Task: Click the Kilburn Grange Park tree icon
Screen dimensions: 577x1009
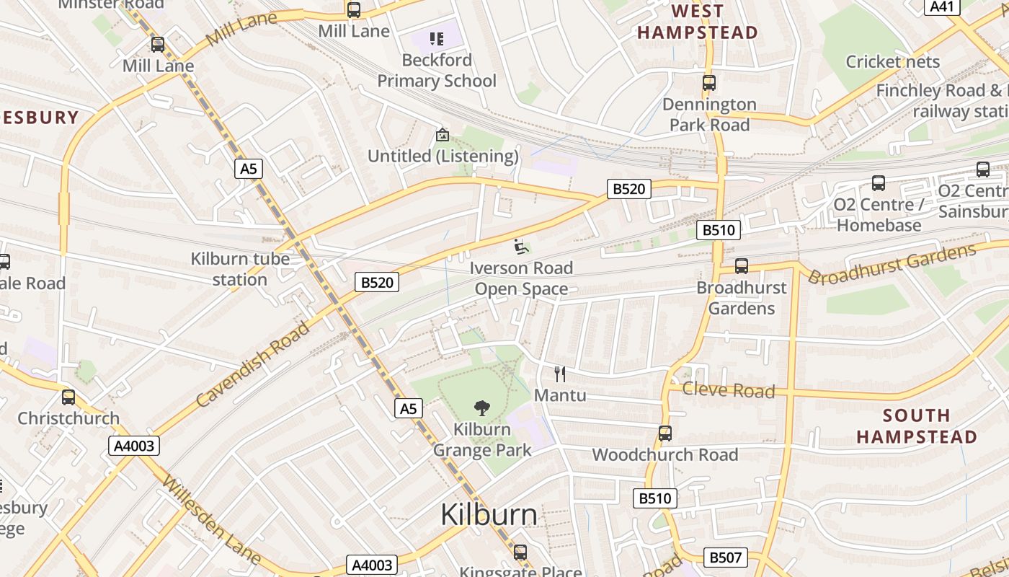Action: point(482,408)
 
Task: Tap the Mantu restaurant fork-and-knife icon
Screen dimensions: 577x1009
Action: point(560,374)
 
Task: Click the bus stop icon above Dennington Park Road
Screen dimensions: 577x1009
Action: point(709,83)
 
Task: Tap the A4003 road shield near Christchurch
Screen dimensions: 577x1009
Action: point(135,446)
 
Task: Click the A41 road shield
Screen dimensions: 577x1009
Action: point(942,6)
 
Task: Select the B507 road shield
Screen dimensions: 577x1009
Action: point(725,557)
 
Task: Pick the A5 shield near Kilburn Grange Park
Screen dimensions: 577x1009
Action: point(408,409)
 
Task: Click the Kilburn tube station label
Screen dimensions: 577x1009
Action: point(240,269)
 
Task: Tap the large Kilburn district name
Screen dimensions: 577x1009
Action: point(489,515)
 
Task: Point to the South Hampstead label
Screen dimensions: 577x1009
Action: point(916,426)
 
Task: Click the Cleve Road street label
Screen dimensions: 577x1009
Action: point(728,390)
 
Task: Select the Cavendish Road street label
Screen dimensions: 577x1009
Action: point(253,364)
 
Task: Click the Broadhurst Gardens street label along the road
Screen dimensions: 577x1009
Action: point(892,264)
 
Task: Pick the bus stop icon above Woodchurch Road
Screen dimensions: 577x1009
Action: point(665,433)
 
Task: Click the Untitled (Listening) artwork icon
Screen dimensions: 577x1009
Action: point(443,135)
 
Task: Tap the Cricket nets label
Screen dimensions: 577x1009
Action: point(893,61)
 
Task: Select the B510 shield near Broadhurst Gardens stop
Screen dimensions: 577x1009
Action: point(719,230)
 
